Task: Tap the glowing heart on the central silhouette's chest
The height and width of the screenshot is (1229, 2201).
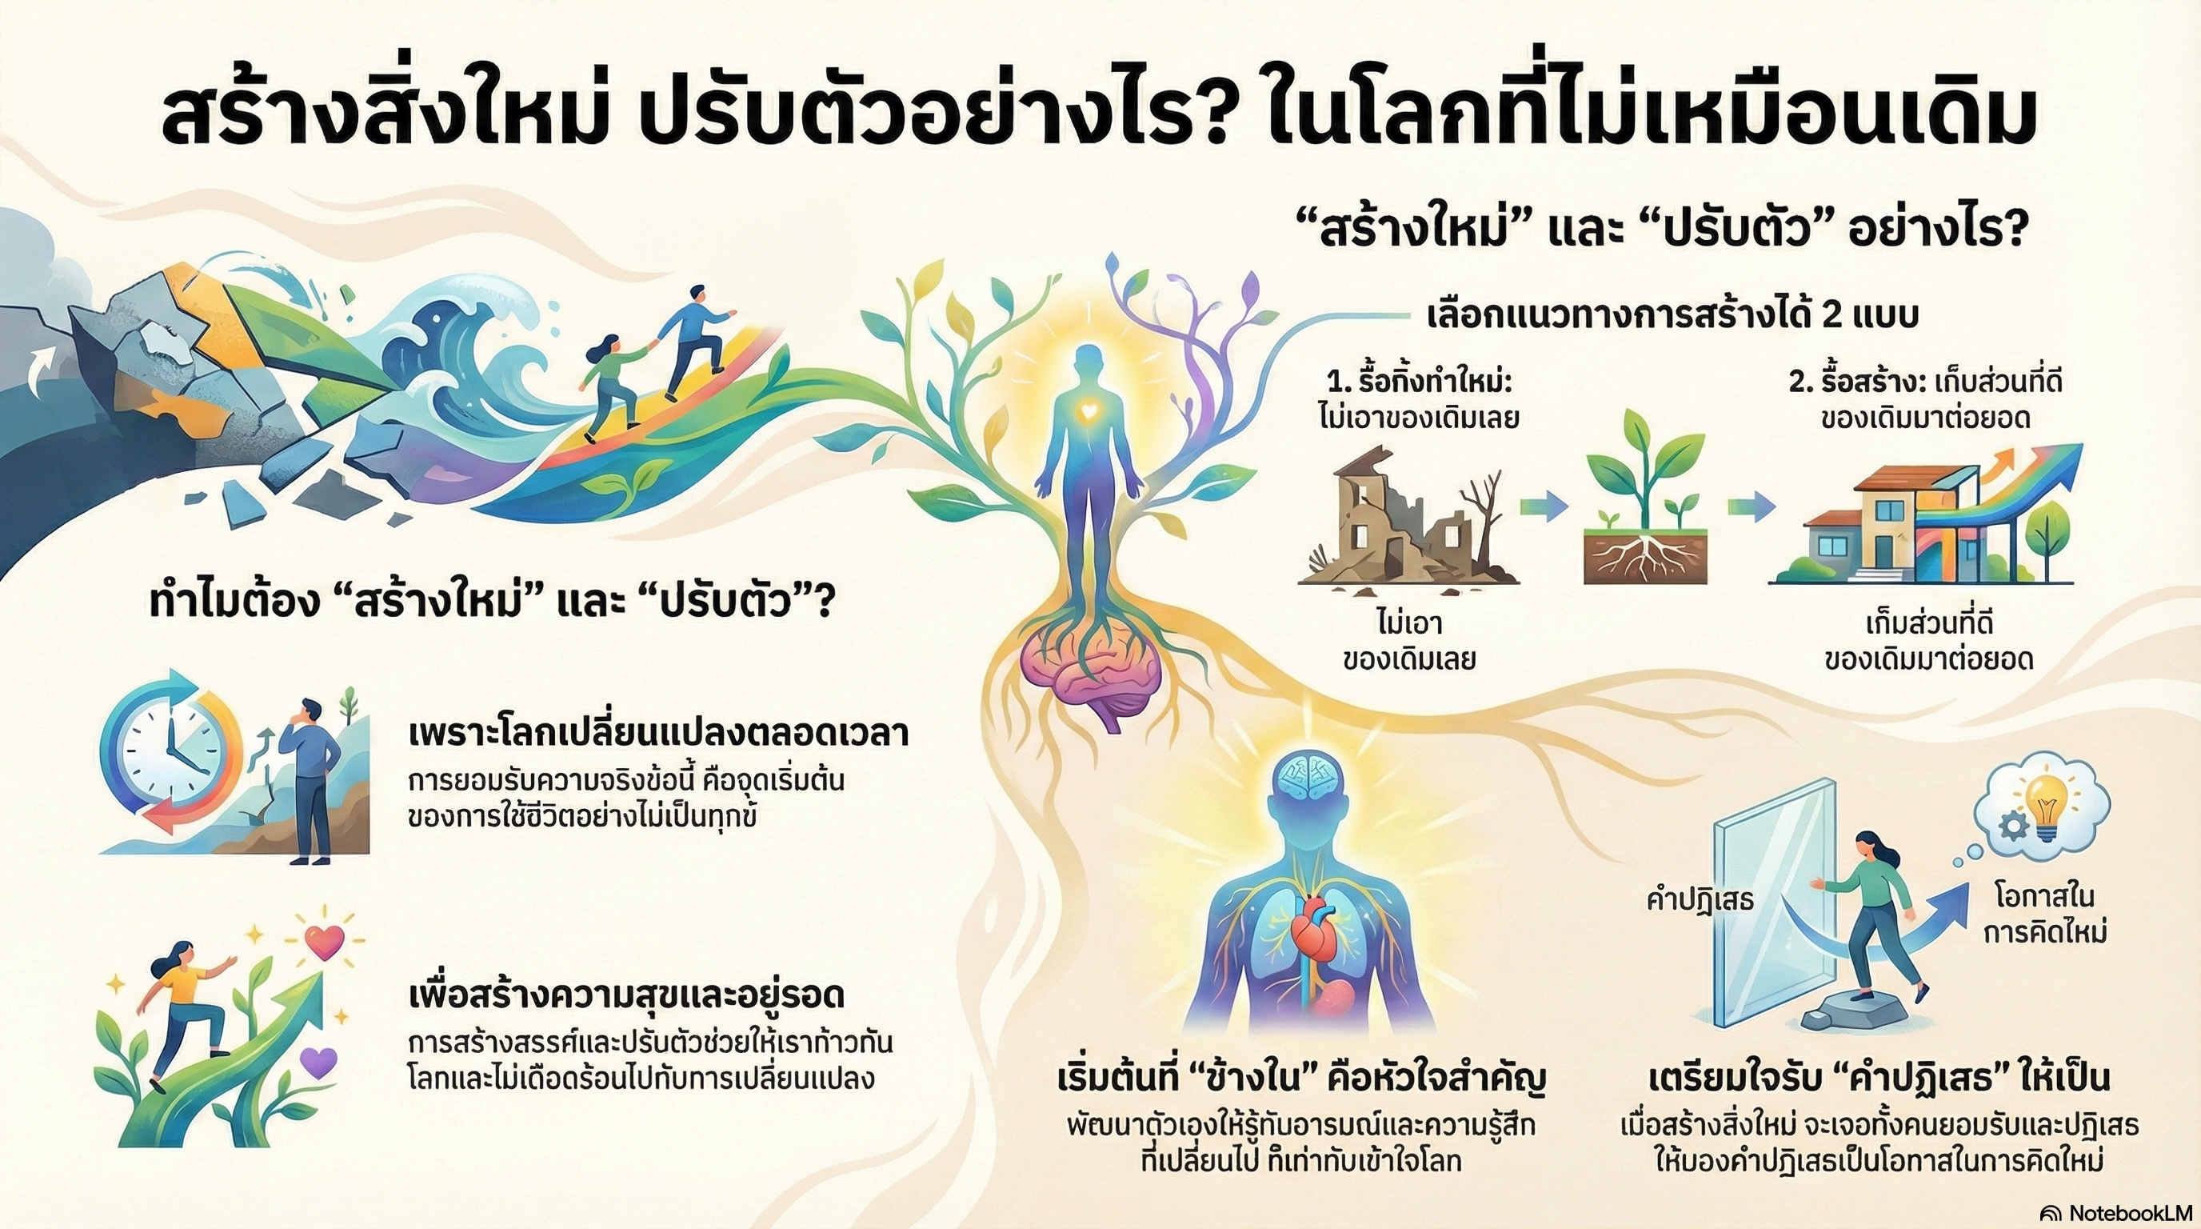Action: pos(1089,411)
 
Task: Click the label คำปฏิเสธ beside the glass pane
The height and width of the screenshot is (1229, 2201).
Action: pos(1700,900)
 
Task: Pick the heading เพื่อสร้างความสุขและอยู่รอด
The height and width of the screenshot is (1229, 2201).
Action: pos(627,994)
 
